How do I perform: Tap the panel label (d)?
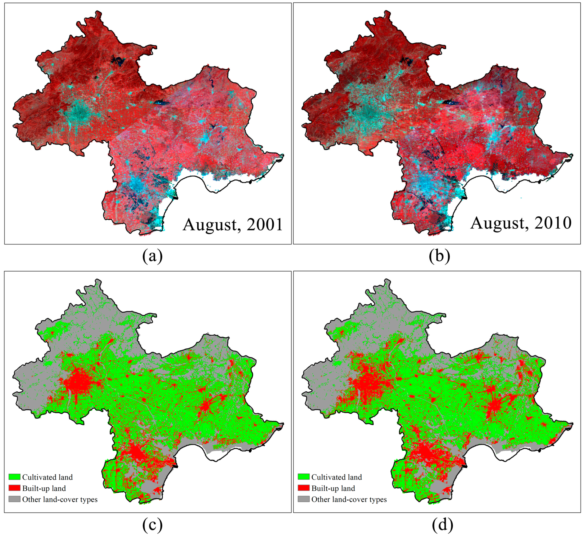coord(442,525)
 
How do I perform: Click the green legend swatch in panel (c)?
coord(14,477)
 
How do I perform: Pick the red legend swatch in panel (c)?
coord(14,488)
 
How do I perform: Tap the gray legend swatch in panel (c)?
coord(14,499)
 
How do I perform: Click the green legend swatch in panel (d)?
coord(303,477)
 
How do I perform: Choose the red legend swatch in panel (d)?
coord(303,488)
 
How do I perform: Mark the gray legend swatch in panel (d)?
coord(303,499)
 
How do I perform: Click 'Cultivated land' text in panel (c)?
coord(47,477)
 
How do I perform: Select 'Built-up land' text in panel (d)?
coord(333,488)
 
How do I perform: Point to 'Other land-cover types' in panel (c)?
coord(60,499)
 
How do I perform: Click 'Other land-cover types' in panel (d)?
coord(349,499)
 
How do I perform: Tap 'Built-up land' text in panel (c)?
coord(44,488)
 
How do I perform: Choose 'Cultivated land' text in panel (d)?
coord(337,477)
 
